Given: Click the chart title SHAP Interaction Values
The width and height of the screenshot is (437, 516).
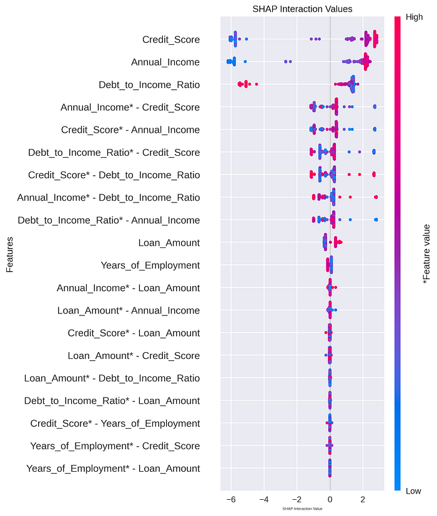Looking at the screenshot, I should coord(302,9).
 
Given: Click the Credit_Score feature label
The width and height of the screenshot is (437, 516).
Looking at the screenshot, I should coord(171,40).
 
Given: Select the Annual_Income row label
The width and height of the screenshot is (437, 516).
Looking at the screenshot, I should coord(165,62).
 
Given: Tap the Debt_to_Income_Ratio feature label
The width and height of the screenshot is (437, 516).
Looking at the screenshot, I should coord(149,85).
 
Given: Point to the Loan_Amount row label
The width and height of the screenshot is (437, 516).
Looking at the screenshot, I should coord(169,243).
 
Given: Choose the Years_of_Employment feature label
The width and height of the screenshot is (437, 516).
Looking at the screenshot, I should coord(150,265).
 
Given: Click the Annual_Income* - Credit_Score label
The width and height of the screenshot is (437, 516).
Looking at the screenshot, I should coord(130,107).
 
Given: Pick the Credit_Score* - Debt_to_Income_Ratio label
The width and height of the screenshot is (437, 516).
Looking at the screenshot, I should coord(114,175).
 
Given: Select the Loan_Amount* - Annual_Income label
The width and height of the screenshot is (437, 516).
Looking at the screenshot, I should coord(129,310).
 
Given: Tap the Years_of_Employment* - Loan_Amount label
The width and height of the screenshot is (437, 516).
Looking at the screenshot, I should coord(113,469).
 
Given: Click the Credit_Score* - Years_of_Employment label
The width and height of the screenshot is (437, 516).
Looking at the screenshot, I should coord(115,424).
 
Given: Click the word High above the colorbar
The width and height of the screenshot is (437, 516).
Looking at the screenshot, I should coord(414,17).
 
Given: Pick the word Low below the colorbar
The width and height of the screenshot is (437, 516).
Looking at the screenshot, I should coord(413,491).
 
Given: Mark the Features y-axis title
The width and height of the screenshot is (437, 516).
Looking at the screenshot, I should coord(9,254).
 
